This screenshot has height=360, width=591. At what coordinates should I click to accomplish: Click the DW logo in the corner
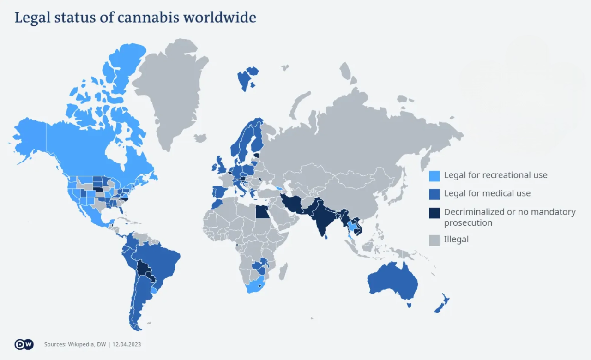click(24, 344)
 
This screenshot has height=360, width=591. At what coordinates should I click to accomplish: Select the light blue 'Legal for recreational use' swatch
click(434, 176)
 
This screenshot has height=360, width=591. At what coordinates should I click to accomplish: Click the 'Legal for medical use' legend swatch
click(434, 194)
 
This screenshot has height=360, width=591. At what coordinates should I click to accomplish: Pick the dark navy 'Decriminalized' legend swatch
click(434, 212)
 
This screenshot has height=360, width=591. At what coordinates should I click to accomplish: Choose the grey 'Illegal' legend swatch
click(434, 240)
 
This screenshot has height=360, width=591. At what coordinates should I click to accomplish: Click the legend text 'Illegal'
click(456, 240)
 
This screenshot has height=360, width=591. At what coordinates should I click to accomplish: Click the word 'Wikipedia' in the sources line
click(81, 344)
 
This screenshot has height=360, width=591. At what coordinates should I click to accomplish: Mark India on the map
click(326, 217)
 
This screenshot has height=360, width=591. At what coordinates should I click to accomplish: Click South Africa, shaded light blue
click(255, 285)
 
